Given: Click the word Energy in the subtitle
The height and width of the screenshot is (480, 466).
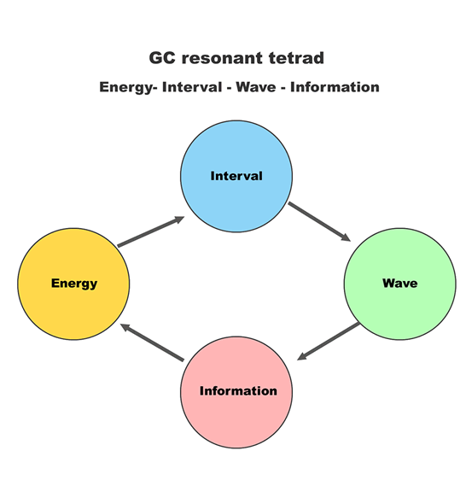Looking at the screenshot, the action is (125, 88).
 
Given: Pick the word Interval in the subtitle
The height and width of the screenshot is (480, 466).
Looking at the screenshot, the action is (192, 86).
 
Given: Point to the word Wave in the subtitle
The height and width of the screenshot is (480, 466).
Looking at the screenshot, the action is (255, 87).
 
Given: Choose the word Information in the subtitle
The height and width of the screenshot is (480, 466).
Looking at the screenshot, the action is (335, 86).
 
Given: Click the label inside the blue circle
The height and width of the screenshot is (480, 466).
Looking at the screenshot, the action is (236, 176).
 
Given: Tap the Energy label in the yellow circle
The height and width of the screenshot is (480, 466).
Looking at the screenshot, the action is (74, 284).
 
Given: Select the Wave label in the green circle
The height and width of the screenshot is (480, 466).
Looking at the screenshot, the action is (400, 284).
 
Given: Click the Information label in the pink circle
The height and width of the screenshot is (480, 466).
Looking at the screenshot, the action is (238, 390).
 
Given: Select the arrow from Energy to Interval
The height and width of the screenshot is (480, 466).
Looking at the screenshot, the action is (151, 231).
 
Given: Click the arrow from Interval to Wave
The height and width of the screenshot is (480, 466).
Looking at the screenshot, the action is (319, 221).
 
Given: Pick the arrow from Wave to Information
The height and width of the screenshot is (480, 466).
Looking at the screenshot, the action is (329, 342).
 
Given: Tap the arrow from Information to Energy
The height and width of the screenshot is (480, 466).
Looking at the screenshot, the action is (152, 342).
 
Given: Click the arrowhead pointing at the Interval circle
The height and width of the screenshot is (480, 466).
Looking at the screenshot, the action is (180, 220).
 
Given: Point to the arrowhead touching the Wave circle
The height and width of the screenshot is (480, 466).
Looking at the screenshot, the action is (346, 237).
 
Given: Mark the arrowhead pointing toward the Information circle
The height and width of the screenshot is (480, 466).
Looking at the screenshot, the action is (302, 356).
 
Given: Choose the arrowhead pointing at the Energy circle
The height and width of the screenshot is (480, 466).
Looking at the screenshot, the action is (125, 327).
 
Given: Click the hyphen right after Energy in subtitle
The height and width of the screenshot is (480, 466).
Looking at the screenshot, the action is (154, 89).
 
